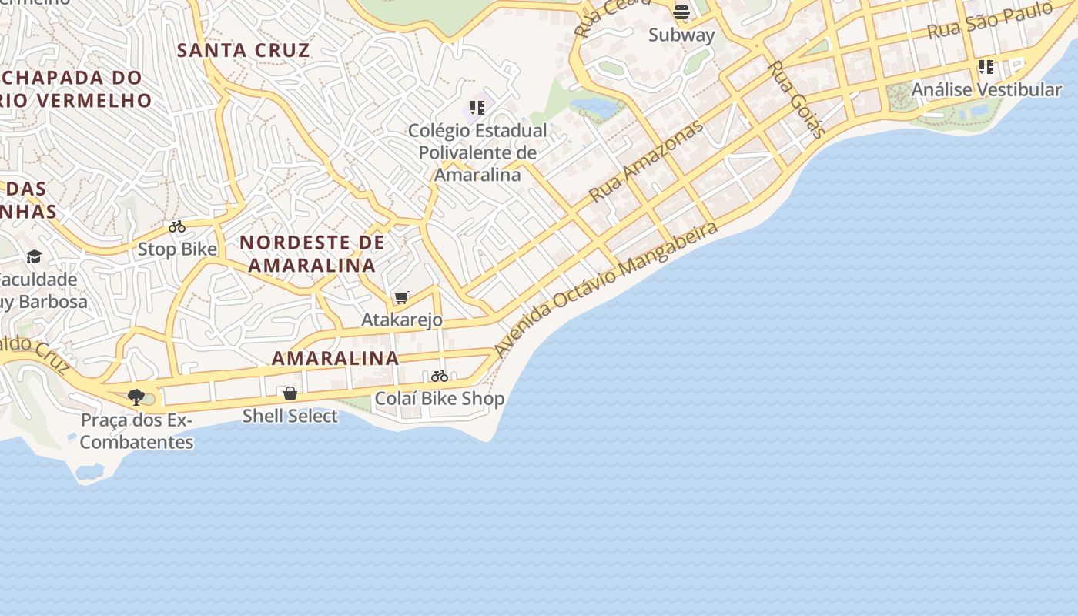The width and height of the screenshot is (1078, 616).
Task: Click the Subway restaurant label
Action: point(681,35)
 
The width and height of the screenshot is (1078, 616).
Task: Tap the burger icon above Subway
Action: point(681,12)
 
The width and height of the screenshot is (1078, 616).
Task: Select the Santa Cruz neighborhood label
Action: point(243,51)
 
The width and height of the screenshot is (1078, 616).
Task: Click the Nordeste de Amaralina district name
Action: point(312,254)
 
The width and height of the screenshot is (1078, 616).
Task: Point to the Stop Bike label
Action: point(177,249)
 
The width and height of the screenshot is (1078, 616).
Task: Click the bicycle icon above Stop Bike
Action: point(177,226)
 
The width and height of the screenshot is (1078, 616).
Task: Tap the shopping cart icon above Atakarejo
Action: point(401,297)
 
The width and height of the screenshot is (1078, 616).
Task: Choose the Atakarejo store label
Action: point(402,320)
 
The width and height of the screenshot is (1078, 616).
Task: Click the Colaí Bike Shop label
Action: point(440,399)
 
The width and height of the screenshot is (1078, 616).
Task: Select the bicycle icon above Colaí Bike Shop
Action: point(440,376)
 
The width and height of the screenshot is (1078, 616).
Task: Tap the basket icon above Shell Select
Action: point(290,393)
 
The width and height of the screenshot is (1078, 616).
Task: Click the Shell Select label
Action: point(290,416)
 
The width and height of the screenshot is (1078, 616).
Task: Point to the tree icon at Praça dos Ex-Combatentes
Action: point(136,397)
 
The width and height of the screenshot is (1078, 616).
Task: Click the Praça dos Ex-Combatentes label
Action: point(136,431)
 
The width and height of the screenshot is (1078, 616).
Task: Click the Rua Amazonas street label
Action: point(646,161)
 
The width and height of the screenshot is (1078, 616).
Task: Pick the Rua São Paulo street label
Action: point(989,21)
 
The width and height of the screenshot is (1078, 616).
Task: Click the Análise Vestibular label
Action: point(986,89)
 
